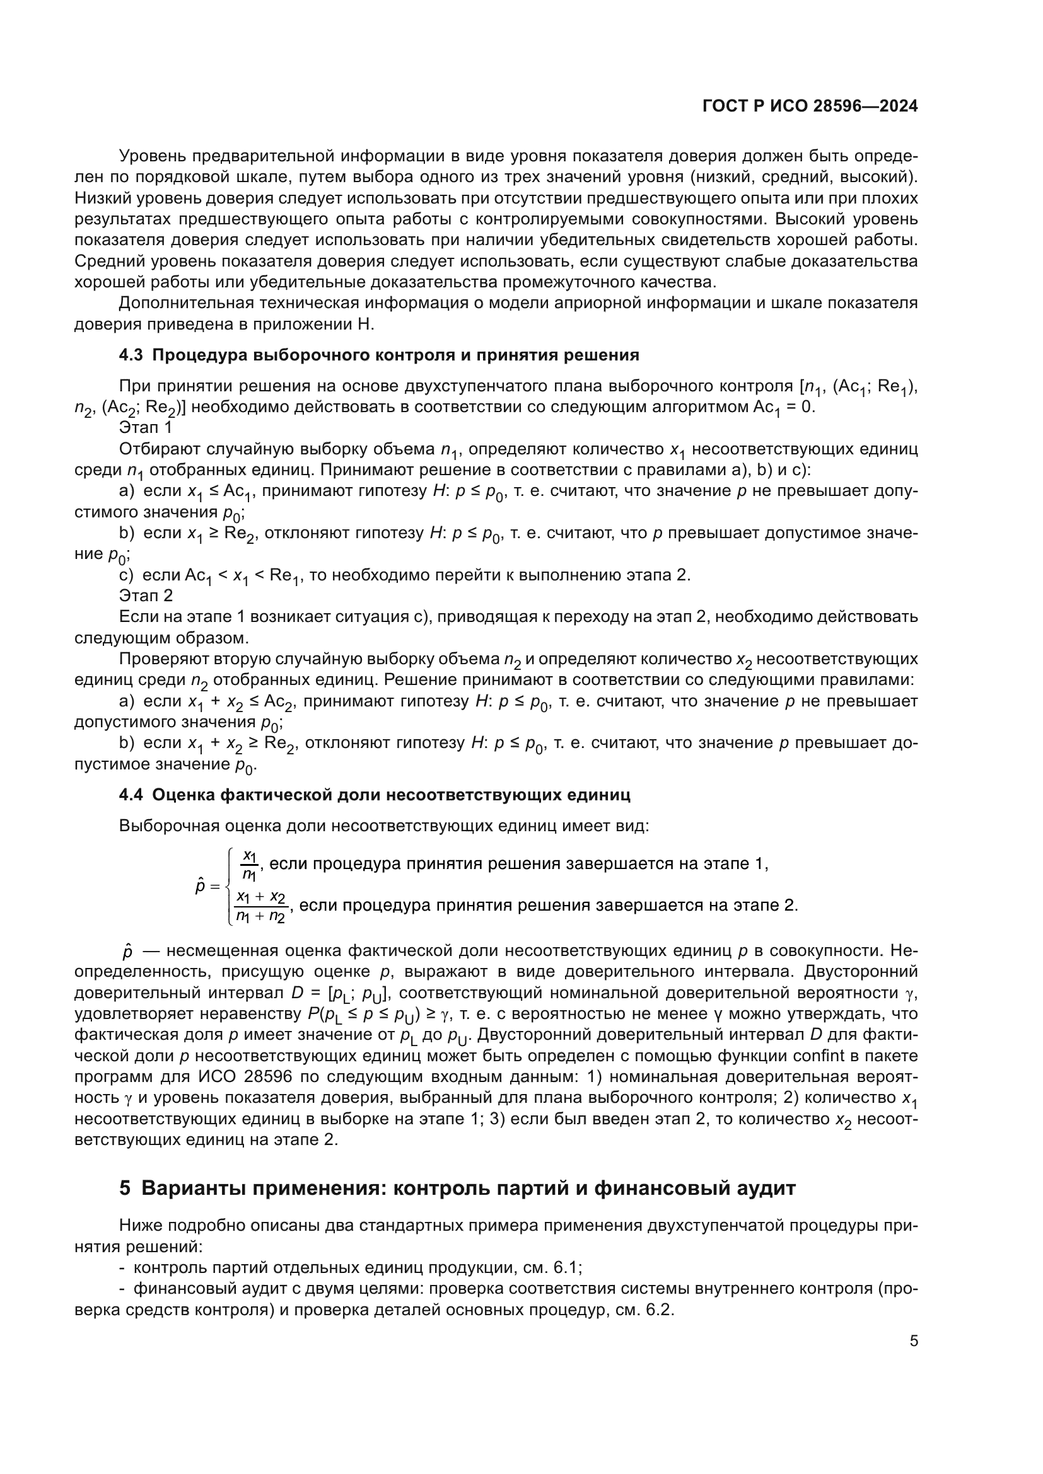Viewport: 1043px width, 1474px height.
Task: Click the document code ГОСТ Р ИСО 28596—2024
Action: [x=810, y=107]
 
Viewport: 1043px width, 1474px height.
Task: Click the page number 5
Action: [x=913, y=1340]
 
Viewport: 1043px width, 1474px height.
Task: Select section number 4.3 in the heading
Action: [x=131, y=355]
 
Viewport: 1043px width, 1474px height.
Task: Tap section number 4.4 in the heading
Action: [x=131, y=795]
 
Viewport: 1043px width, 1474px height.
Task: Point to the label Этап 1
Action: [x=145, y=427]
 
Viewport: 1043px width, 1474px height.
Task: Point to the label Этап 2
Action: [x=145, y=596]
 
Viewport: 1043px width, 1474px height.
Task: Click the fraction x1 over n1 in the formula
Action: [x=249, y=864]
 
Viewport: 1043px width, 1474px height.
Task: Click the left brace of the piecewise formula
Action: [x=230, y=886]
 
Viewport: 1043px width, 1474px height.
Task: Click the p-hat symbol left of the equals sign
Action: [x=200, y=887]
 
